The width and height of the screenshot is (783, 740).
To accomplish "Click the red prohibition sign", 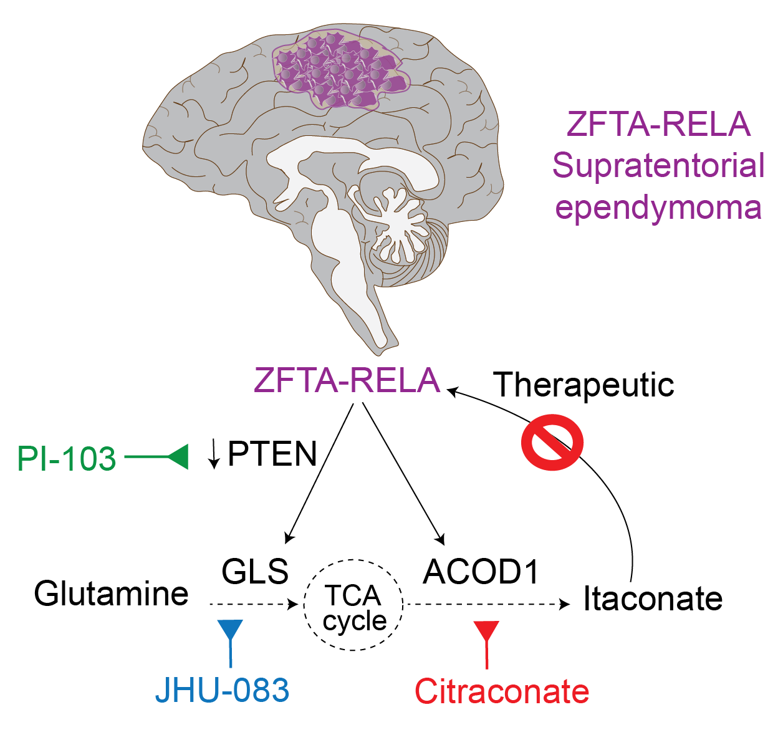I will pyautogui.click(x=552, y=442).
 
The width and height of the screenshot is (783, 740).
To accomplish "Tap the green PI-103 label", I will pyautogui.click(x=66, y=459).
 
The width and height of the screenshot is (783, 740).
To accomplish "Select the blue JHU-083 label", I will pyautogui.click(x=222, y=690).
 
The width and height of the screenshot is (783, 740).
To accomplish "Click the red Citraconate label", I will pyautogui.click(x=502, y=691).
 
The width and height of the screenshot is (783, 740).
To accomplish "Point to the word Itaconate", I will pyautogui.click(x=652, y=598).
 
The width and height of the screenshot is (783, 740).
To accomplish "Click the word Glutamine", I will pyautogui.click(x=111, y=593).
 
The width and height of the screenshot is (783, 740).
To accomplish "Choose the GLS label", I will pyautogui.click(x=255, y=570).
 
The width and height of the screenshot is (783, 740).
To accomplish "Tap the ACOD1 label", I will pyautogui.click(x=481, y=571).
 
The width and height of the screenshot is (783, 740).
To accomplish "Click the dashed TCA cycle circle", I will pyautogui.click(x=353, y=605).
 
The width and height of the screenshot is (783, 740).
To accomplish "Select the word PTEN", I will pyautogui.click(x=272, y=454).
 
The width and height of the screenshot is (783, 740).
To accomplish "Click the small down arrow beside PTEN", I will pyautogui.click(x=214, y=454).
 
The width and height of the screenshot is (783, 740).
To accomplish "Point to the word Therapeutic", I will pyautogui.click(x=584, y=385).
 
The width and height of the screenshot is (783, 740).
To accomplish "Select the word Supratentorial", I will pyautogui.click(x=658, y=166).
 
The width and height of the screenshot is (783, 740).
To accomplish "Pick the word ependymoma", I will pyautogui.click(x=658, y=207).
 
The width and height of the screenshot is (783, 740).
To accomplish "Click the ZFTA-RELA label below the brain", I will pyautogui.click(x=347, y=380).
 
